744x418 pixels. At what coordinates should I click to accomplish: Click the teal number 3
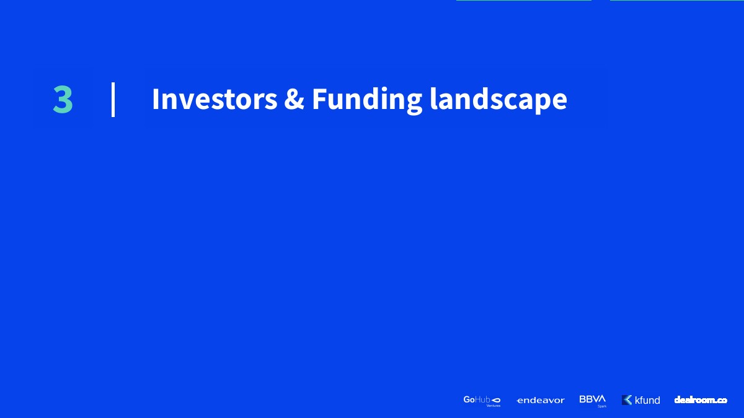pyautogui.click(x=63, y=99)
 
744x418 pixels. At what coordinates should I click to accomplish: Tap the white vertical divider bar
pyautogui.click(x=113, y=100)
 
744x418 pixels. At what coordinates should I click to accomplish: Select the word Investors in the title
pyautogui.click(x=215, y=99)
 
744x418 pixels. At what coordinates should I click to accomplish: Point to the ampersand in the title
pyautogui.click(x=294, y=99)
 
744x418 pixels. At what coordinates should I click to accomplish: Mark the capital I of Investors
pyautogui.click(x=155, y=99)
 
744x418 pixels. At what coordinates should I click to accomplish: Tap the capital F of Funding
pyautogui.click(x=319, y=99)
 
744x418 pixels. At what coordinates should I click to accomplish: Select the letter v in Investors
pyautogui.click(x=186, y=102)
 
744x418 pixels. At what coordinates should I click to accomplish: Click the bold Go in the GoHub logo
pyautogui.click(x=469, y=399)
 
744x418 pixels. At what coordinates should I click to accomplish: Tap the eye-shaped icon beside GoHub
pyautogui.click(x=495, y=400)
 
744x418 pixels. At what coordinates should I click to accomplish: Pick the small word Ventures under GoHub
pyautogui.click(x=494, y=406)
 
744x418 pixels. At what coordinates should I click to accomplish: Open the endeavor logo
pyautogui.click(x=541, y=401)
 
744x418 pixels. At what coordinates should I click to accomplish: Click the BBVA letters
pyautogui.click(x=593, y=399)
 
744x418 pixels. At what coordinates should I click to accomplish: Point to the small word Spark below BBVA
pyautogui.click(x=602, y=406)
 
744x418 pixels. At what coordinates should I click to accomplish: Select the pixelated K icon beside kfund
pyautogui.click(x=627, y=400)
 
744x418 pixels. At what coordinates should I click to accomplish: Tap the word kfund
pyautogui.click(x=647, y=400)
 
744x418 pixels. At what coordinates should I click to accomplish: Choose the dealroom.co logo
pyautogui.click(x=701, y=400)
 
